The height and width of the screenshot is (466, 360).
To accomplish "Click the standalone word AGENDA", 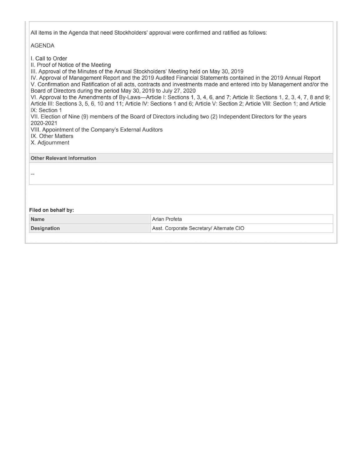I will point(42,46).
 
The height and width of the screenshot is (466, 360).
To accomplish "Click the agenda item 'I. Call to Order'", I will point(49,58).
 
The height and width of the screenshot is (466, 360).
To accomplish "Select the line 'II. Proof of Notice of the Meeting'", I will point(71,65).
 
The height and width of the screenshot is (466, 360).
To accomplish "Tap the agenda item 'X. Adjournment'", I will point(50,143).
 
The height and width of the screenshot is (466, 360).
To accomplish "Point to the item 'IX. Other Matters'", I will point(52,136).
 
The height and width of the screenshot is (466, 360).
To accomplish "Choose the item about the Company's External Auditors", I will point(97,129).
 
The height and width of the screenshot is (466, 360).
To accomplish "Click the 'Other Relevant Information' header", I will point(63,158).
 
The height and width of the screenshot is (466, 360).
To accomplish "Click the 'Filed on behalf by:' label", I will point(52,210).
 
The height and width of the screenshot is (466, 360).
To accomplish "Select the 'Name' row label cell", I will point(38,219).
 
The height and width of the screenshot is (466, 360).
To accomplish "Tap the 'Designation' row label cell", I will point(45,228).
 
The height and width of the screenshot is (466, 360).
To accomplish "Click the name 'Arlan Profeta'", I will point(167,219).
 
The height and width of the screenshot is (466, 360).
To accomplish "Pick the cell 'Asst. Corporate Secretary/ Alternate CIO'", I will point(198,228).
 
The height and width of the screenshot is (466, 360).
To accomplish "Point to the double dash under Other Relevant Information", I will point(33,174).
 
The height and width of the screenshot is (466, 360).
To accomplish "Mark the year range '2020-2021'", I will point(44,123).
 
